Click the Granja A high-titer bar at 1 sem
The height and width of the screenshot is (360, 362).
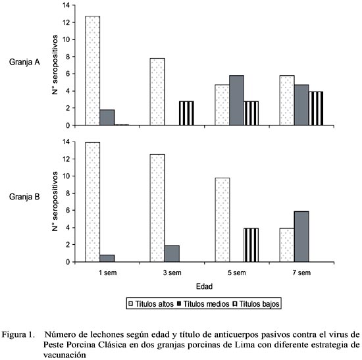pos(93,70)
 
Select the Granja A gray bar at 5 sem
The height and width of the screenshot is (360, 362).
pos(237,101)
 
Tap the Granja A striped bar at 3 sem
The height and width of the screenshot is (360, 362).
pos(186,113)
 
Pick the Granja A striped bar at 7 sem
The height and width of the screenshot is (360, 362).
pos(316,109)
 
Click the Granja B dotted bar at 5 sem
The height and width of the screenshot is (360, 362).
pos(222,220)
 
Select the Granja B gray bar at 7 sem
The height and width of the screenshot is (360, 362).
pos(301,236)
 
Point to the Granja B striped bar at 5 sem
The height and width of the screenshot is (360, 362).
pos(251,245)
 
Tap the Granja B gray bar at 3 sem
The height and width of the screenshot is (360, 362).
pos(172,253)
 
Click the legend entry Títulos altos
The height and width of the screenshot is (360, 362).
pos(151,304)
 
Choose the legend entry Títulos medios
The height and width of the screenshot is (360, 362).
pos(203,304)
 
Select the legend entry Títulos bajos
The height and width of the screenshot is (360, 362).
pos(256,304)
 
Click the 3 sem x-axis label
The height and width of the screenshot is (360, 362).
pos(172,272)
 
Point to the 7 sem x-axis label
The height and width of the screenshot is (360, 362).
pos(301,272)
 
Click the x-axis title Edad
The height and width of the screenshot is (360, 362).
pos(204,286)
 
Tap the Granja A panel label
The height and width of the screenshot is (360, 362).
pos(24,62)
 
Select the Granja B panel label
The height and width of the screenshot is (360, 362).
pos(24,197)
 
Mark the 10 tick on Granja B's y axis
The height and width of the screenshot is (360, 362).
pos(66,176)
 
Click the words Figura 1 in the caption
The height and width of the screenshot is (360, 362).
pos(18,334)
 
